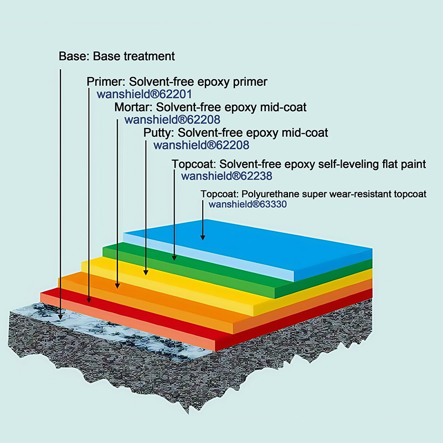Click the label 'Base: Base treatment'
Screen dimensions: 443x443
coord(117,56)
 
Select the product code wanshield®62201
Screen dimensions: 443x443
coord(145,94)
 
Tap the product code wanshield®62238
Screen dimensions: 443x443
coord(226,176)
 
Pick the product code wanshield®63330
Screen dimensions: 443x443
coord(248,204)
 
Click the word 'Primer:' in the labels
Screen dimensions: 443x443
coord(106,81)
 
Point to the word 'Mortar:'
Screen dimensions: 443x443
coord(133,107)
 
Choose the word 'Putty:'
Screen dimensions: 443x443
coord(158,132)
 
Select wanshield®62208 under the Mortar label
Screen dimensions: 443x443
coord(172,120)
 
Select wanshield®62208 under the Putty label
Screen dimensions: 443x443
coord(202,145)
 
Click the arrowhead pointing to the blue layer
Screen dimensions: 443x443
coord(203,238)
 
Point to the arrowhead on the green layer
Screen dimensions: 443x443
coord(174,257)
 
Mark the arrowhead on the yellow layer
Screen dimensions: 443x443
coord(146,272)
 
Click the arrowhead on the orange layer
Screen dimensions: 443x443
coord(117,285)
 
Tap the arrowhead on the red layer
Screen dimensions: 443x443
coord(89,299)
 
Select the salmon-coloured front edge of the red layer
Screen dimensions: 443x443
coord(128,322)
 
